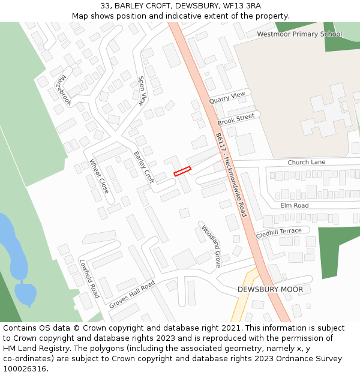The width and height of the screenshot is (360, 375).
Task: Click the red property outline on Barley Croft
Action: (182, 171)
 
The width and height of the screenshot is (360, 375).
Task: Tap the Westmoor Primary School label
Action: (299, 34)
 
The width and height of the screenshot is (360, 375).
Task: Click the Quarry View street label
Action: (227, 98)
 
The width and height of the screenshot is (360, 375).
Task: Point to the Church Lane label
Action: (306, 162)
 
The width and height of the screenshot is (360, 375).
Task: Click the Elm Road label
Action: (294, 205)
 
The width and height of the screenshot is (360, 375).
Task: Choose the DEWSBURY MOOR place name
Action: (270, 289)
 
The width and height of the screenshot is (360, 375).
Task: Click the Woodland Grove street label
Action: (211, 246)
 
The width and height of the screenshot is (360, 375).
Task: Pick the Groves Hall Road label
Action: (131, 294)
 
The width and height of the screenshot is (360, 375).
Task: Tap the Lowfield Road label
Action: (89, 278)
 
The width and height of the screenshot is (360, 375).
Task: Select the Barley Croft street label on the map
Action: (144, 167)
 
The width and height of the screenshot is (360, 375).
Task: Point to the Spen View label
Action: (142, 91)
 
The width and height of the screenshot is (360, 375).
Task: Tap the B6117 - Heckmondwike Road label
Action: (231, 175)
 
